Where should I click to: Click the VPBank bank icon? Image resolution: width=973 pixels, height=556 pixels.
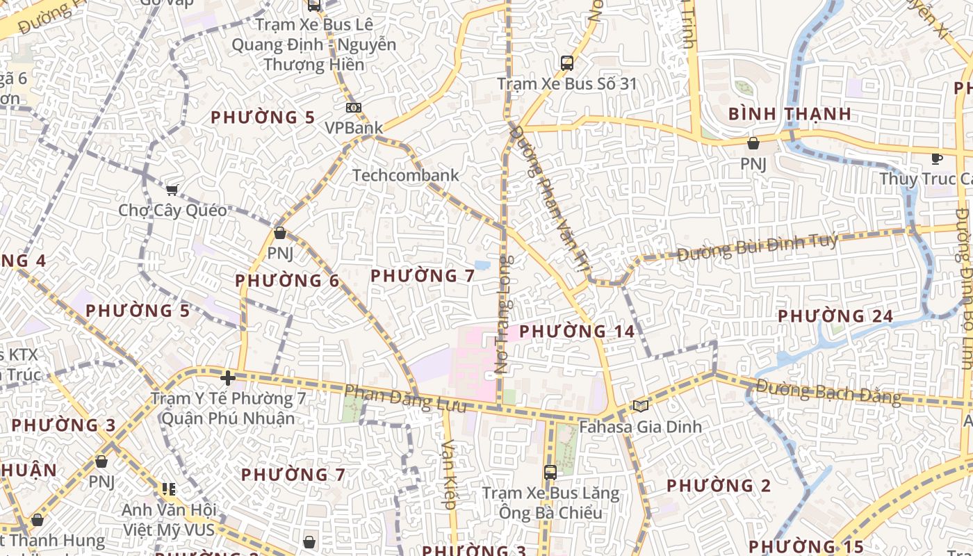click(353, 108)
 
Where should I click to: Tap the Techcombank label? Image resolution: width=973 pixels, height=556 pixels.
click(406, 175)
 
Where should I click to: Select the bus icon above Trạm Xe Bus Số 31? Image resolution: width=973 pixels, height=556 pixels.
click(567, 63)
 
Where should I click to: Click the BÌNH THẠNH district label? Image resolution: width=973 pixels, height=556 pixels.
click(790, 114)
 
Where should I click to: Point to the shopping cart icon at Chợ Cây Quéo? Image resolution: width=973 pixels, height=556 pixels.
click(172, 190)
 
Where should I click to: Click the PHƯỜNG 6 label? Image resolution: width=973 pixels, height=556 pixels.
click(287, 281)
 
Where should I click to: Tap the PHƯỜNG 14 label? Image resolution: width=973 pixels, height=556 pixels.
click(577, 332)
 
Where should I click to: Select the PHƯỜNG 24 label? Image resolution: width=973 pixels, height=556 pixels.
click(835, 316)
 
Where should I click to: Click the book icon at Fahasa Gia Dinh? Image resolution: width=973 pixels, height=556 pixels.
click(640, 406)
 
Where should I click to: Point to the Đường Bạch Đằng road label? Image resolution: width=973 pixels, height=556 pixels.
click(828, 393)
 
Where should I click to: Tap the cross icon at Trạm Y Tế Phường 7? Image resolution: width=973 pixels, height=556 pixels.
click(227, 378)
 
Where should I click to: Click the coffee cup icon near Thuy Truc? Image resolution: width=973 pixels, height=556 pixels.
click(937, 158)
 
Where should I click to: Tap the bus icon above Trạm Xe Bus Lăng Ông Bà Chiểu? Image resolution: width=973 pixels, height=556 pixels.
click(550, 473)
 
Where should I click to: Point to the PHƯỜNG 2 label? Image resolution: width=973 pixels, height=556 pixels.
click(719, 486)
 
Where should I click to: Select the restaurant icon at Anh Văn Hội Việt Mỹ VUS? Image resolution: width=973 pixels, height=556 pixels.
click(168, 489)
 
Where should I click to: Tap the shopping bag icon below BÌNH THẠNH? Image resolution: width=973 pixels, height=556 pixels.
click(753, 143)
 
